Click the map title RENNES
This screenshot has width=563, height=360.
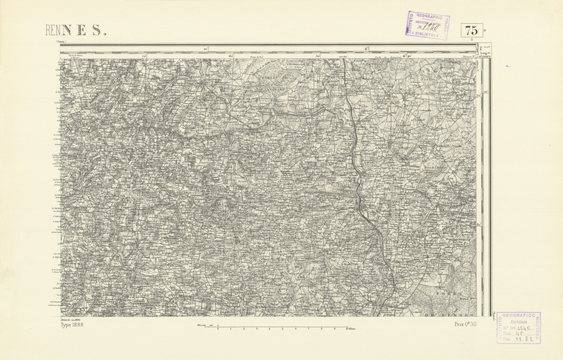tap(75, 30)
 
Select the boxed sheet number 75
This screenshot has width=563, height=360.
tap(472, 30)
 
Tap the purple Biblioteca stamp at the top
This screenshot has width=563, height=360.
tap(427, 26)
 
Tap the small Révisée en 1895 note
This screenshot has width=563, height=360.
tap(70, 319)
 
